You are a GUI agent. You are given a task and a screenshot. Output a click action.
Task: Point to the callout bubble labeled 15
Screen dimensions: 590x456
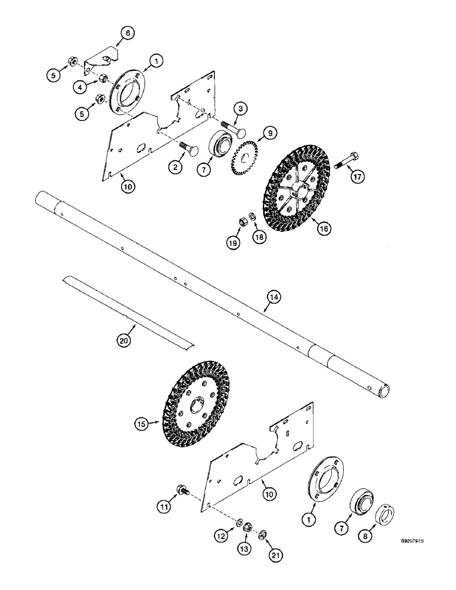[x=140, y=423]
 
